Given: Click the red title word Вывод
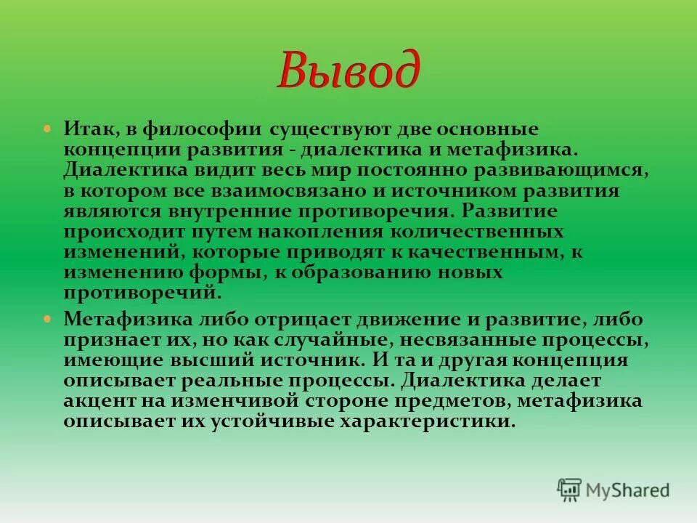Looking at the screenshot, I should pos(348,71).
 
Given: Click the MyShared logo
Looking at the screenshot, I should pos(614,490).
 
